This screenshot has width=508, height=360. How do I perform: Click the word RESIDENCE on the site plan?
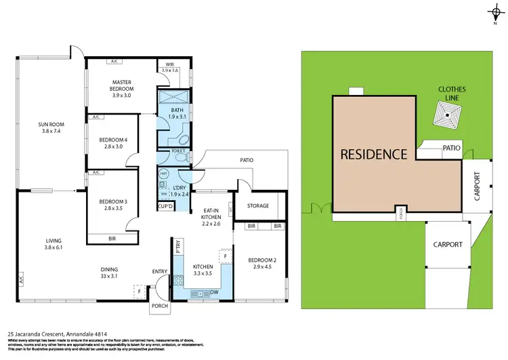(374, 154)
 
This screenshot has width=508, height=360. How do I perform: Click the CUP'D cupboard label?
(165, 205)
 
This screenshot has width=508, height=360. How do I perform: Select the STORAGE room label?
(257, 205)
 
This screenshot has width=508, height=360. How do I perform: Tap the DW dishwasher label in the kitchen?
(214, 293)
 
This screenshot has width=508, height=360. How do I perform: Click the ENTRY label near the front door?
(160, 272)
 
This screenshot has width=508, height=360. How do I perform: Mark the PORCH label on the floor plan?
(160, 306)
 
